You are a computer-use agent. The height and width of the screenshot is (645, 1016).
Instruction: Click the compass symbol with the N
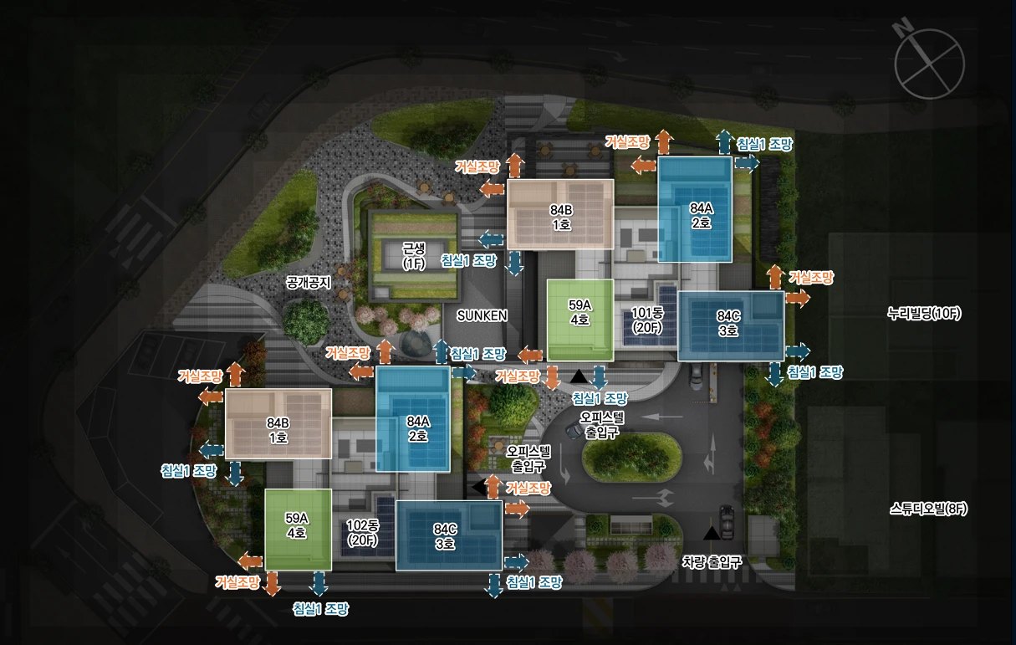click(928, 64)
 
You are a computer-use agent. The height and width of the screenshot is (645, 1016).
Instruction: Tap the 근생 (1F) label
click(414, 256)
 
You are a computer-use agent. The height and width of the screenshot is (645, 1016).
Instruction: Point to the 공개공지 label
click(309, 283)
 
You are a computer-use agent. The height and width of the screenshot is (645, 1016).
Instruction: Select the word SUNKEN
click(482, 315)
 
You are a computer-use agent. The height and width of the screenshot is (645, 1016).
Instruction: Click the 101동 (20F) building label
click(648, 320)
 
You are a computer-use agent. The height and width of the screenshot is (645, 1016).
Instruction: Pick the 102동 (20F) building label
click(362, 533)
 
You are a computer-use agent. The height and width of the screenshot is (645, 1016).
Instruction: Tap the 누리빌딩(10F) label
click(924, 314)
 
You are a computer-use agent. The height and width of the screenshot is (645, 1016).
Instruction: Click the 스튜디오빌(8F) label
click(928, 509)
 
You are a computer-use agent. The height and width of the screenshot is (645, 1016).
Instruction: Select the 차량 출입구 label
click(712, 562)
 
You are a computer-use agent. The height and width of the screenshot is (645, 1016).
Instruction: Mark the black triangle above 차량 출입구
click(712, 534)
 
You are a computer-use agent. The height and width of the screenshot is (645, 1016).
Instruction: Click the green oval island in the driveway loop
click(631, 456)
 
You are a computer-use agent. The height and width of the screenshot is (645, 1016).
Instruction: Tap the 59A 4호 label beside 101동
click(579, 312)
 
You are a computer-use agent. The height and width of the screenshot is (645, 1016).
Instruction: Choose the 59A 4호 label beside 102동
click(297, 525)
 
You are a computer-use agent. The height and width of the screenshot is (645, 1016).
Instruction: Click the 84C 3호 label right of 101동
click(728, 323)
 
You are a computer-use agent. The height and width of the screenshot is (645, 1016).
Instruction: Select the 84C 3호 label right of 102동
click(445, 536)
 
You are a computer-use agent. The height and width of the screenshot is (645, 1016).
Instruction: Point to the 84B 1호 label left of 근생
click(278, 430)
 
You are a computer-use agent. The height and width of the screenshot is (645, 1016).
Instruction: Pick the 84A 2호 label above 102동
click(418, 429)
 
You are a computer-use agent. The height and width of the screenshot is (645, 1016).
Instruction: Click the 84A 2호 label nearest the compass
click(702, 215)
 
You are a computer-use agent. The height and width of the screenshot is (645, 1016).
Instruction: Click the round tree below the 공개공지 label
click(306, 317)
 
